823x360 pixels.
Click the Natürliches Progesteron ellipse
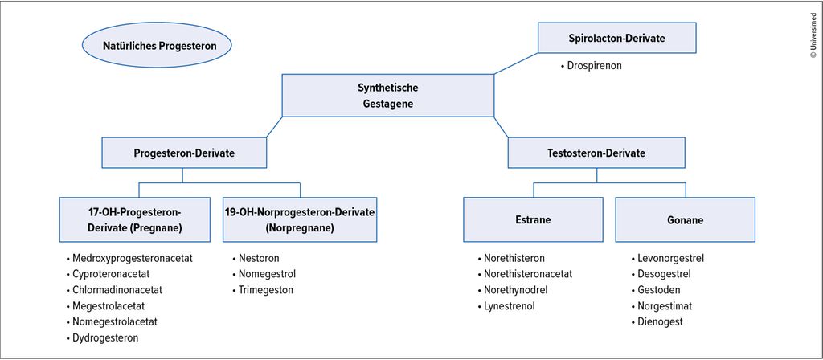pyautogui.click(x=157, y=45)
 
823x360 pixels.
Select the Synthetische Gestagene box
pyautogui.click(x=388, y=95)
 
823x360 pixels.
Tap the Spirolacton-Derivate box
pyautogui.click(x=616, y=38)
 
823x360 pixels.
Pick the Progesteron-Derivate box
pyautogui.click(x=184, y=153)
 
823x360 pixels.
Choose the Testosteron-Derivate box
pyautogui.click(x=596, y=153)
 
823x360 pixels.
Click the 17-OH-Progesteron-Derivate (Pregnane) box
pyautogui.click(x=135, y=219)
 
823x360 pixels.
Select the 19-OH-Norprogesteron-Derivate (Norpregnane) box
pyautogui.click(x=300, y=219)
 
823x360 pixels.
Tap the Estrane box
pyautogui.click(x=534, y=219)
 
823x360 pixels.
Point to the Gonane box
pyautogui.click(x=685, y=219)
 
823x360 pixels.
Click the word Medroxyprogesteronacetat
pyautogui.click(x=133, y=258)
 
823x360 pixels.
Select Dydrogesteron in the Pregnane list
pyautogui.click(x=105, y=338)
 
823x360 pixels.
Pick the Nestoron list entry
pyautogui.click(x=259, y=258)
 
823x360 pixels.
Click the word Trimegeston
pyautogui.click(x=265, y=289)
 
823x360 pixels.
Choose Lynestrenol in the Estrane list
pyautogui.click(x=509, y=306)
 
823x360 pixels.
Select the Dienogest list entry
pyautogui.click(x=660, y=321)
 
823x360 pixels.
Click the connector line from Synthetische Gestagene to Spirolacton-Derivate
pyautogui.click(x=516, y=63)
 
